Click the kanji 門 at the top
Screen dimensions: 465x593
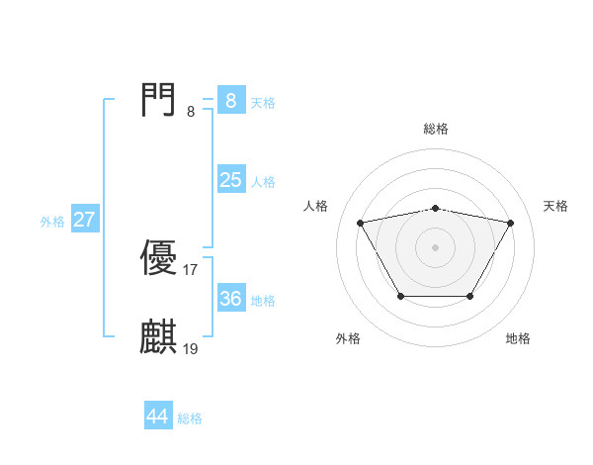coord(158,100)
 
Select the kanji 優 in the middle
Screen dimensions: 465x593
coord(158,258)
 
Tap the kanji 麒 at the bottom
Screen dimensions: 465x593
coord(158,337)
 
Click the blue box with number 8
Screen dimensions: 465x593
coord(230,100)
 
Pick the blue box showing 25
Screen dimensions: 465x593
coord(230,180)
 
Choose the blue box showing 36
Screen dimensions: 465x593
coord(230,298)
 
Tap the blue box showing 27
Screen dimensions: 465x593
coord(84,220)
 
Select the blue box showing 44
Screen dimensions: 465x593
coord(158,417)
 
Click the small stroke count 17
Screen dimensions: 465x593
coord(191,269)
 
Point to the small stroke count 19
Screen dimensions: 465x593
coord(191,348)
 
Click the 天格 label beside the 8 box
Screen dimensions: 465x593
coord(263,102)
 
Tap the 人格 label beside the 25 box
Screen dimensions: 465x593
coord(263,182)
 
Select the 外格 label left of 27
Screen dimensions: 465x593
coord(52,222)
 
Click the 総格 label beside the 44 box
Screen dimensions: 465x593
coord(190,418)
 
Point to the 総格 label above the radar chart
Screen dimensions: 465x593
coord(436,129)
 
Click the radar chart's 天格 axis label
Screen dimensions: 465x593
coord(556,206)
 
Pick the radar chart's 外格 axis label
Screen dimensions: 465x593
coord(348,338)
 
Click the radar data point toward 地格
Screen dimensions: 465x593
coord(469,296)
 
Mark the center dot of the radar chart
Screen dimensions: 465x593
coord(435,247)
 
